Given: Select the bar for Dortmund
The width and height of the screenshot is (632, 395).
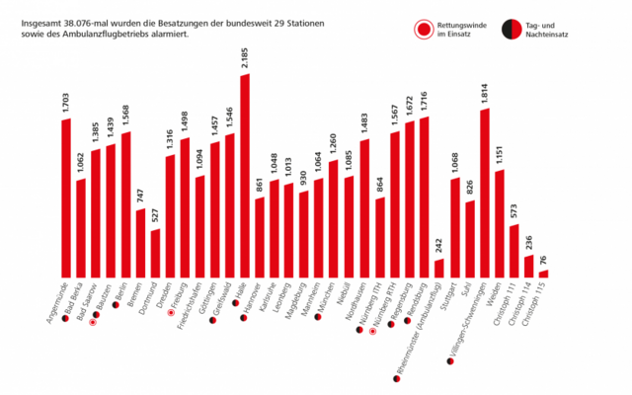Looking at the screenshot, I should (155, 253).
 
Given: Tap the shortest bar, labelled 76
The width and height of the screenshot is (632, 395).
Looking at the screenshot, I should (543, 273).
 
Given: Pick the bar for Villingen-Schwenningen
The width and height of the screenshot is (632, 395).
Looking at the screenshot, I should (484, 193).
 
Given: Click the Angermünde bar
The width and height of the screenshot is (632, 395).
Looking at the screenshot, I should (66, 197).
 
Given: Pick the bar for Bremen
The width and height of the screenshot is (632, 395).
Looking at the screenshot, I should (140, 242).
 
